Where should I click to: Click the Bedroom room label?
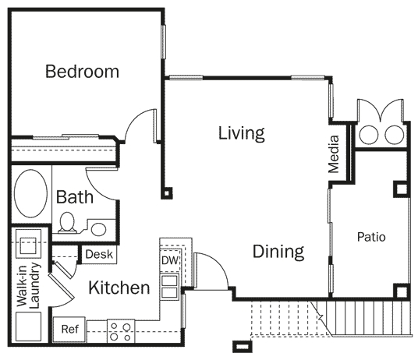coord(82,72)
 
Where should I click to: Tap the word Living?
coord(241,132)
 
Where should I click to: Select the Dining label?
coord(278,252)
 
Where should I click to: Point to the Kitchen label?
coord(119,288)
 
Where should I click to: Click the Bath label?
coord(75,197)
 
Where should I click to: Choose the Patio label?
coord(371,236)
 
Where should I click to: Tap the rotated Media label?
coord(334,154)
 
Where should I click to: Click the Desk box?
coord(100,254)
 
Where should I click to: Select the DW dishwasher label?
coord(169,259)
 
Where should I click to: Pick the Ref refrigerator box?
coord(69,329)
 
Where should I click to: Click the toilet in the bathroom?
coord(68,223)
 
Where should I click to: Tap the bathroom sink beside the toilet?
coord(98,229)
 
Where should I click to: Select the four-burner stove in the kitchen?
coord(120,331)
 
